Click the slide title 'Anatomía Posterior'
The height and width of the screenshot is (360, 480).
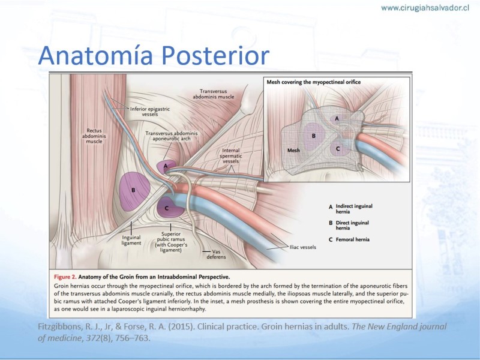point(154,55)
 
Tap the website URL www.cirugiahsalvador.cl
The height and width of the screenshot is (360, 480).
point(425,8)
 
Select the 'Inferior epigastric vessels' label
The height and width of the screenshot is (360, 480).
point(149,112)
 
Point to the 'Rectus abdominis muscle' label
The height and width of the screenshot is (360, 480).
point(94,136)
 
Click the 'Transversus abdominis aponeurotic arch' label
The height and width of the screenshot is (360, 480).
point(172,136)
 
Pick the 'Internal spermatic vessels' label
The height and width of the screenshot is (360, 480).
point(231,156)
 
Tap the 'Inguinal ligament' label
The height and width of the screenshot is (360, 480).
point(131,241)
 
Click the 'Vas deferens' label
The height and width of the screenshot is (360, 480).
point(216,254)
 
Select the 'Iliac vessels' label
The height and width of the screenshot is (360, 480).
point(303,247)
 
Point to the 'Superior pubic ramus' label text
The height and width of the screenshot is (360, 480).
point(171,236)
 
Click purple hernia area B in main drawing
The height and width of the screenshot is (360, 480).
point(134,191)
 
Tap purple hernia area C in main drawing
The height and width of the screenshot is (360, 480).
point(170,208)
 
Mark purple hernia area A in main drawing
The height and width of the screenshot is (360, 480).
point(166,167)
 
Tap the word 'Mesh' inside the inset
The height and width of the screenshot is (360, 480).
point(293,151)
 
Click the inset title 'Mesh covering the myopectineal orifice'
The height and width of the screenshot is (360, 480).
point(313,82)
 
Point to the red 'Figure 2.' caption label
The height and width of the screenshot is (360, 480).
point(65,277)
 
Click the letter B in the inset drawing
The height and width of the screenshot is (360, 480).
point(313,136)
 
